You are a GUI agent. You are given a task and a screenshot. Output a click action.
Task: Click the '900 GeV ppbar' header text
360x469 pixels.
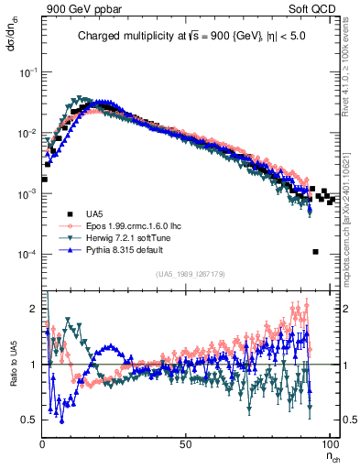pyautogui.click(x=78, y=8)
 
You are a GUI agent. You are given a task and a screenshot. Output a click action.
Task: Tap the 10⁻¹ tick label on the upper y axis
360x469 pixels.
pyautogui.click(x=28, y=71)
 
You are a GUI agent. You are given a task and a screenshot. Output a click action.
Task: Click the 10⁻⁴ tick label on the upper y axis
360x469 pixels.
pyautogui.click(x=28, y=255)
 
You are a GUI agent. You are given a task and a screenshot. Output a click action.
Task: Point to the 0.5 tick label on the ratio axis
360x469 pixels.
pyautogui.click(x=30, y=420)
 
